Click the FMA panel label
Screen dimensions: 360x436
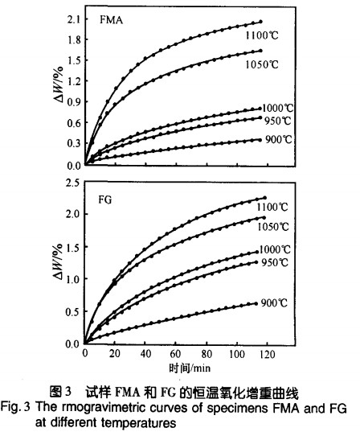[x=111, y=20]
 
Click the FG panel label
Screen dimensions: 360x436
[x=105, y=199]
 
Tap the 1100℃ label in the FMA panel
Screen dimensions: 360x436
[x=262, y=35]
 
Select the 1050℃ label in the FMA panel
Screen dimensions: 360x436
[x=262, y=64]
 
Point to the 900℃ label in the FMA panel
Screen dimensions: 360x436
[x=279, y=139]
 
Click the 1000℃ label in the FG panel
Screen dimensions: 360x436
[x=275, y=249]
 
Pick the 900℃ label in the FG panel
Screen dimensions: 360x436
[x=274, y=302]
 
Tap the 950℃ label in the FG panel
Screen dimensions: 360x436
[x=275, y=262]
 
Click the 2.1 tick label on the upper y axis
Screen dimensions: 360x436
[x=74, y=19]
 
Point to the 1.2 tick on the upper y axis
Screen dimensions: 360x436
[x=74, y=81]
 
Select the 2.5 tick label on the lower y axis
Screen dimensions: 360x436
[x=73, y=183]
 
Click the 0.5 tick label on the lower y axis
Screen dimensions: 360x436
[x=72, y=311]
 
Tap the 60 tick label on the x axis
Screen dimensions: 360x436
[x=175, y=354]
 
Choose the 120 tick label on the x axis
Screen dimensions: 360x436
[x=267, y=354]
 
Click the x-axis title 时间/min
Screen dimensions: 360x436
[x=190, y=368]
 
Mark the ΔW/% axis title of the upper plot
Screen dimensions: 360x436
[x=59, y=84]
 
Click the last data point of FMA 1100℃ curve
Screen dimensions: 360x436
[x=260, y=22]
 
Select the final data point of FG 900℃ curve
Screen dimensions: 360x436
[x=256, y=303]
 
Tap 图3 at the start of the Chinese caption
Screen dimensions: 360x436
[x=60, y=392]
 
